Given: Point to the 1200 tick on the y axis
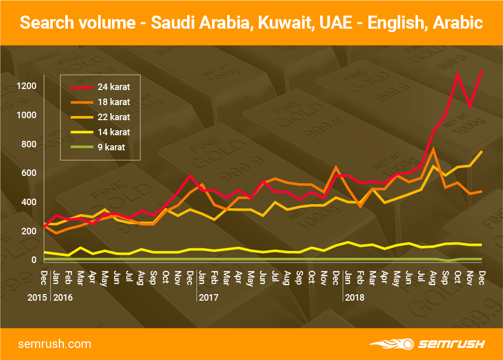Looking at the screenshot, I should (x=26, y=86).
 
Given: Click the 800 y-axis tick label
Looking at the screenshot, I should (x=28, y=144).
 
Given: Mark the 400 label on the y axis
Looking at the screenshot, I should (x=28, y=202).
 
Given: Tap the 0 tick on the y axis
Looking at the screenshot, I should (x=34, y=260).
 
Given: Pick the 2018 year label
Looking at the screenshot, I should (x=355, y=297).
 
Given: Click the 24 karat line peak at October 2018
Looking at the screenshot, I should (x=457, y=74).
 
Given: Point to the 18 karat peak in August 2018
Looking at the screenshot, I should (x=433, y=149).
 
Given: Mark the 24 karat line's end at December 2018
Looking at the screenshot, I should (x=482, y=71).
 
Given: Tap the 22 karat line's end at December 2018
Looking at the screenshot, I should (x=482, y=151).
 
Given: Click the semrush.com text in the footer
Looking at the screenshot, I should (x=55, y=344).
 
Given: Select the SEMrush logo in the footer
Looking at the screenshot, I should (x=427, y=344).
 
